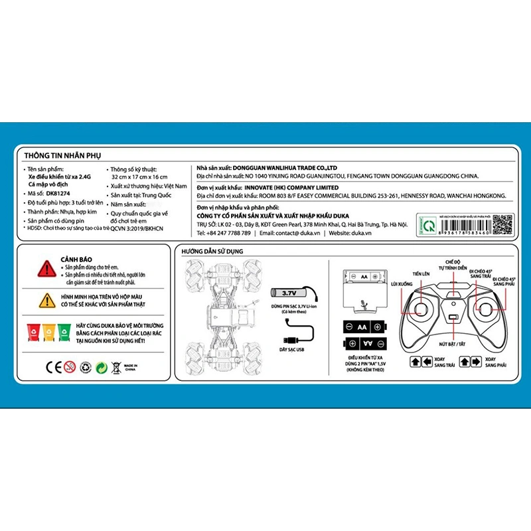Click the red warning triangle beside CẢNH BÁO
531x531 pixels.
(46, 268)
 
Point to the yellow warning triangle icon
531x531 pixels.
(46, 300)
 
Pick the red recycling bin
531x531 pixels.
(32, 330)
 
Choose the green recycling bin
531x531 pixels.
(64, 330)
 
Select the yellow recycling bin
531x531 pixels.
(48, 330)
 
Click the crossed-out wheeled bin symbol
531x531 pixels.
(115, 366)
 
